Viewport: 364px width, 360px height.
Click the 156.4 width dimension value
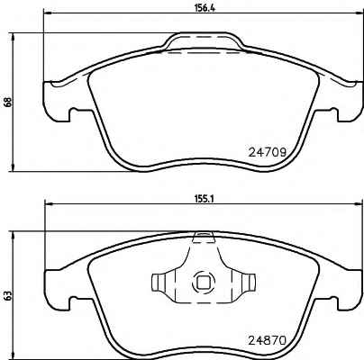tap(204, 8)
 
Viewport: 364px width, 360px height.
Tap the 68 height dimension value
tap(8, 102)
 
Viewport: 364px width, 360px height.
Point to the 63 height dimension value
tap(8, 295)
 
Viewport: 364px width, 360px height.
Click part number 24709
tap(267, 153)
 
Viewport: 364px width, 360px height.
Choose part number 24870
tap(267, 340)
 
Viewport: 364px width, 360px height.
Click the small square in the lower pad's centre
tap(204, 283)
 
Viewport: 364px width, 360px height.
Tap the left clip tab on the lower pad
tap(159, 283)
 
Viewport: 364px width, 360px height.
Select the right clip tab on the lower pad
tap(249, 283)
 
